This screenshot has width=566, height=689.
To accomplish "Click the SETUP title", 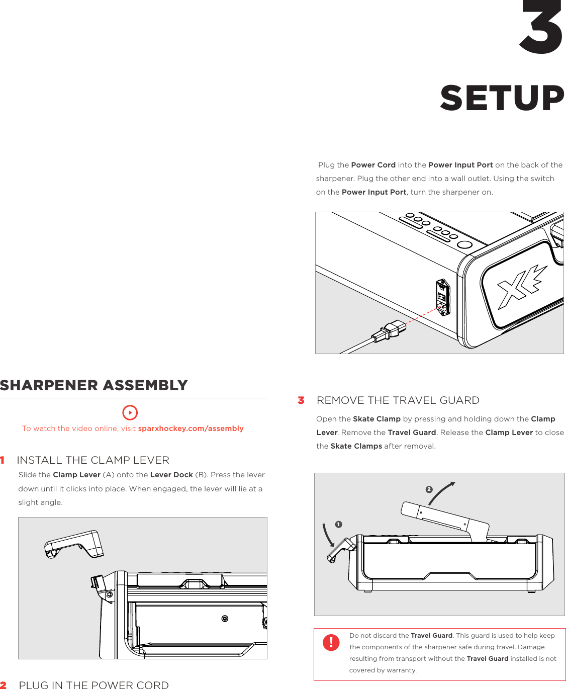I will pos(502,98).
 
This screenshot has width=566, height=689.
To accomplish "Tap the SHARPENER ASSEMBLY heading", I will pos(94,385).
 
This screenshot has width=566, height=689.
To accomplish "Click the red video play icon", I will pos(130,412).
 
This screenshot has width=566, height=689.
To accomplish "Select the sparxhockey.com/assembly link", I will pos(191,428).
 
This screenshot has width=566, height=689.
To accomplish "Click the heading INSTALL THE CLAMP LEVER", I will pos(93,460).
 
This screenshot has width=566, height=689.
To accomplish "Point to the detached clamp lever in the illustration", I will pos(74,544).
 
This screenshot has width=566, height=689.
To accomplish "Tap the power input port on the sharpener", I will pos(442,297).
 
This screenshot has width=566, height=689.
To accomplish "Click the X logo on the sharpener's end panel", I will pos(521,287).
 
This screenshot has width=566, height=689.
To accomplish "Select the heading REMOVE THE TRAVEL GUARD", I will pos(398,400).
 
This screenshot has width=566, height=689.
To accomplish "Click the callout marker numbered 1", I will pos(339,525).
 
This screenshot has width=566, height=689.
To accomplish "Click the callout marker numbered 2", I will pos(429,489).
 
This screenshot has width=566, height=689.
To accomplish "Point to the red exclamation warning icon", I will pos(331,642).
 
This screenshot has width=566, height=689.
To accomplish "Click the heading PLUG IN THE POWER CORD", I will pos(93,684).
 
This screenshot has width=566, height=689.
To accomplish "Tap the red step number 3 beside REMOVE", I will pos(301,400).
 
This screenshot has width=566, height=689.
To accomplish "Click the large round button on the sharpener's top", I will pos(465,245).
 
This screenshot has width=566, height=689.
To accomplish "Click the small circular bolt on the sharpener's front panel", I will pos(225,619).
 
